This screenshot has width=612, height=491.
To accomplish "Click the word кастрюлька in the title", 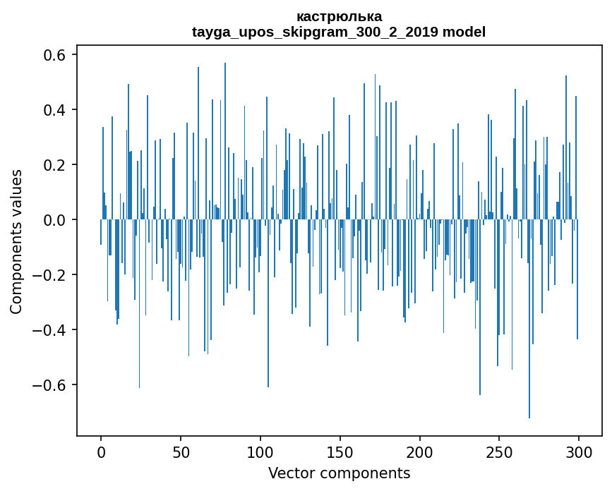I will (339, 16).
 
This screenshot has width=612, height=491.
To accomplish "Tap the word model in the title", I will (464, 32).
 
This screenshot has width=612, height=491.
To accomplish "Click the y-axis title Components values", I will (16, 241).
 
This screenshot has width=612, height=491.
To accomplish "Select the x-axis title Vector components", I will (339, 473).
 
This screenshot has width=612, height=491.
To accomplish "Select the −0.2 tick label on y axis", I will (51, 275).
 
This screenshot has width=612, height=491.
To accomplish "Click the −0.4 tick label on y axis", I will (51, 330).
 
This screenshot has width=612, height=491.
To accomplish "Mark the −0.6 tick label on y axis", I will (51, 385).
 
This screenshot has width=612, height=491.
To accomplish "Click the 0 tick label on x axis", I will (101, 452).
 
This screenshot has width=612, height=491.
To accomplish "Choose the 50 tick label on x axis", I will (181, 452).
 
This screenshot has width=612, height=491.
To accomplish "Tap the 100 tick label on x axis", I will (260, 452).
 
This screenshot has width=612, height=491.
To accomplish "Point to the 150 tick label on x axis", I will (340, 452).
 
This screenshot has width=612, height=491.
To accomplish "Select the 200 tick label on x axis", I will (420, 452).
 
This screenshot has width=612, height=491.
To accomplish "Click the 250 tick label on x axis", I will (499, 452).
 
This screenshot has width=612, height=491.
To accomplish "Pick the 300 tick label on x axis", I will (579, 452).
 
